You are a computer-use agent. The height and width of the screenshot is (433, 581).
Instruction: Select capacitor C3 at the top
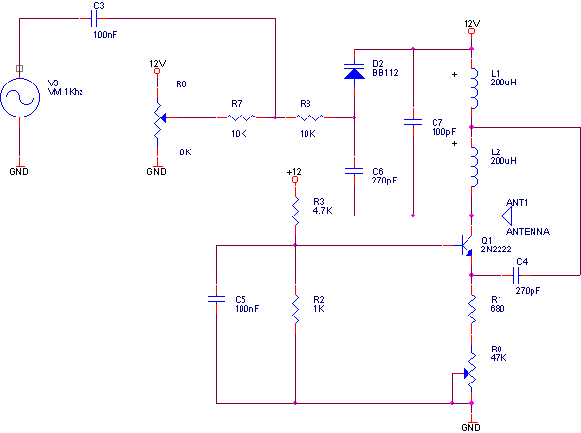(x=94, y=18)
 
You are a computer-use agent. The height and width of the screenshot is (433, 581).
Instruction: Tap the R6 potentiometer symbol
(x=159, y=118)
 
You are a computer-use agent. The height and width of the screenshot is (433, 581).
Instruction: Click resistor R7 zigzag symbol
(x=242, y=118)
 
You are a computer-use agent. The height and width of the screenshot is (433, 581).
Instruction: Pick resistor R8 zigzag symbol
(x=309, y=118)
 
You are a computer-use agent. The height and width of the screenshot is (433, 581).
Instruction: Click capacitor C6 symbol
(x=354, y=171)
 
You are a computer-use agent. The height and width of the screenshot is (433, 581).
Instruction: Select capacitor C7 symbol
(x=413, y=122)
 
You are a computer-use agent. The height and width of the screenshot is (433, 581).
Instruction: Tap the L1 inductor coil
(x=474, y=88)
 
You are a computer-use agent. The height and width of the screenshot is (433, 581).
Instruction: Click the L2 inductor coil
(x=474, y=167)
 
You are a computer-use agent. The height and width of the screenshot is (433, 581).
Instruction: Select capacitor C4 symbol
(x=516, y=276)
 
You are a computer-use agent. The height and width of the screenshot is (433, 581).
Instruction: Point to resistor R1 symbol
(x=472, y=309)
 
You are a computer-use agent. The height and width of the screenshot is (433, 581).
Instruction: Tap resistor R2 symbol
(x=295, y=309)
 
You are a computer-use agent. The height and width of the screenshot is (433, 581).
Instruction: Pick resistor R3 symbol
(x=295, y=212)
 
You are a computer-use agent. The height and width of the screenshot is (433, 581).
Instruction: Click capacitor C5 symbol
(x=216, y=299)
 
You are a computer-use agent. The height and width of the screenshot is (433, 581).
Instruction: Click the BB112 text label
(x=385, y=73)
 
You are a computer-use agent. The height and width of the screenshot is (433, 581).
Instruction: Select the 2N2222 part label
(x=497, y=250)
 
